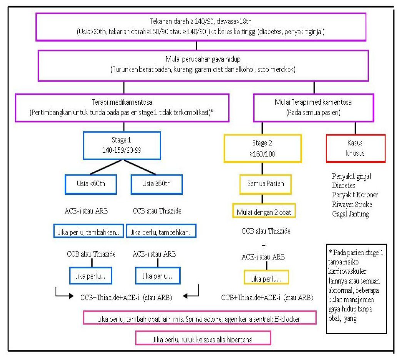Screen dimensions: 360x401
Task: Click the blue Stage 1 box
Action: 110,146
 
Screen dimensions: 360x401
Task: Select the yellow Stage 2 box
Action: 262,148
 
